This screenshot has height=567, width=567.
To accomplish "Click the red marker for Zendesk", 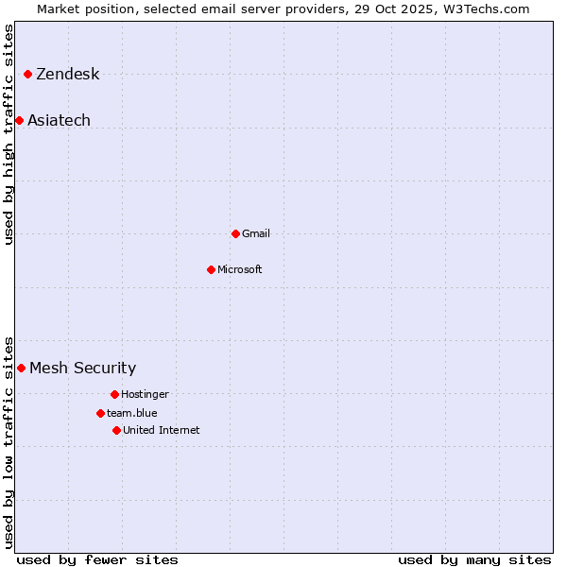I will coord(28,74).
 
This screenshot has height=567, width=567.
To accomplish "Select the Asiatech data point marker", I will coord(19,120).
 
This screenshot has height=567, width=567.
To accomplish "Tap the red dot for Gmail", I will coord(235,233).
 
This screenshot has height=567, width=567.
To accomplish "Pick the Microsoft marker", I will coord(211,269).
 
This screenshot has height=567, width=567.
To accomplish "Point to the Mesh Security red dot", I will coord(21,368).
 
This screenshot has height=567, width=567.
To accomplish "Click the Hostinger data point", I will coord(114,394).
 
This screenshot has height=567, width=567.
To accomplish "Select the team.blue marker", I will coord(100,413).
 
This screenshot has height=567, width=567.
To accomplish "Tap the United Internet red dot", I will coord(116,430).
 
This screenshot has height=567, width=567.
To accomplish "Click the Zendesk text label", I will coord(67,75).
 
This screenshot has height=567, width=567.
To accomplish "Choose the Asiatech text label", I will coord(59,120).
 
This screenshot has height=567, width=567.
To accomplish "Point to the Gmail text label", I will coord(255,233).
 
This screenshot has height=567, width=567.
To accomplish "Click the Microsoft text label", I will coord(239,269).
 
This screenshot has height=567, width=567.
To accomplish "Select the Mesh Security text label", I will coord(82,369).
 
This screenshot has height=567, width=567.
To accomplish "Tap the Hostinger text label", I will coord(145,394).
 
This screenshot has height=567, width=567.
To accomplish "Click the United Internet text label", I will coord(161,430).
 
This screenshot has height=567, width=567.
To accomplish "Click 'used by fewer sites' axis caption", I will coord(97,559).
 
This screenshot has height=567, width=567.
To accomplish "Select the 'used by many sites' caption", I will coord(474,559).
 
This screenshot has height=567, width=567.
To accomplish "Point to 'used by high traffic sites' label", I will coord(9,134).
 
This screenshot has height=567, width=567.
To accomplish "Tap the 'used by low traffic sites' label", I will coord(9,441).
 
